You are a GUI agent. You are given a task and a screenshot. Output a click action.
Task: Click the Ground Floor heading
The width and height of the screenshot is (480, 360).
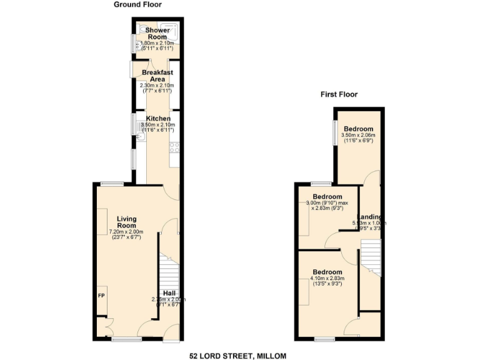(137, 4)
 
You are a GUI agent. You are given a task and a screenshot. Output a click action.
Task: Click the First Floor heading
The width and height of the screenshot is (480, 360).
(339, 95)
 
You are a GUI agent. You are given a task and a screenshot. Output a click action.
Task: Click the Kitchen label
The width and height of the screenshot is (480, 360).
(158, 119)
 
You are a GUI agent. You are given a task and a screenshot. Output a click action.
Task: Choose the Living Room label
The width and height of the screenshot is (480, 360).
(127, 222)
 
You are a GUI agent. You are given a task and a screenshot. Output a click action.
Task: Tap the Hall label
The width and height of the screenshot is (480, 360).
(169, 293)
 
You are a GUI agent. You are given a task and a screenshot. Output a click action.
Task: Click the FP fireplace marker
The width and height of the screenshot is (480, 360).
(101, 295)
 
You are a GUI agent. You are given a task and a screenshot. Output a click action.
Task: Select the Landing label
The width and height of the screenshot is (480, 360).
(371, 217)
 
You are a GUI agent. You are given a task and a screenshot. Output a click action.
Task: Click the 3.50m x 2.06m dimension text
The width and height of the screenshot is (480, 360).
(358, 136)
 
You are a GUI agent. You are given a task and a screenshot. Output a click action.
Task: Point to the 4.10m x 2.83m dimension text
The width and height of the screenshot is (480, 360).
(328, 279)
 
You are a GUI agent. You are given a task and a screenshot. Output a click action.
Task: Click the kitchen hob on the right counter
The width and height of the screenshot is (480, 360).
(175, 148)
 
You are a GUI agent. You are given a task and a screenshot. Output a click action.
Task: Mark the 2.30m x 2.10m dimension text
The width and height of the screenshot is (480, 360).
(157, 86)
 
